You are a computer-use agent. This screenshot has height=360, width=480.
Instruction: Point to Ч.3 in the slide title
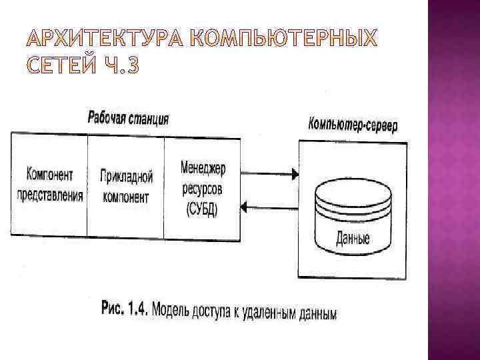coord(120,67)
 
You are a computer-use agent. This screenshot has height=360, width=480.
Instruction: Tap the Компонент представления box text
coord(50,185)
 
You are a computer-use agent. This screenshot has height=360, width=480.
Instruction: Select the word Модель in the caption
coord(174,309)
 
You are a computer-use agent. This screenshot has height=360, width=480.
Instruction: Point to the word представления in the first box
coord(50,195)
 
